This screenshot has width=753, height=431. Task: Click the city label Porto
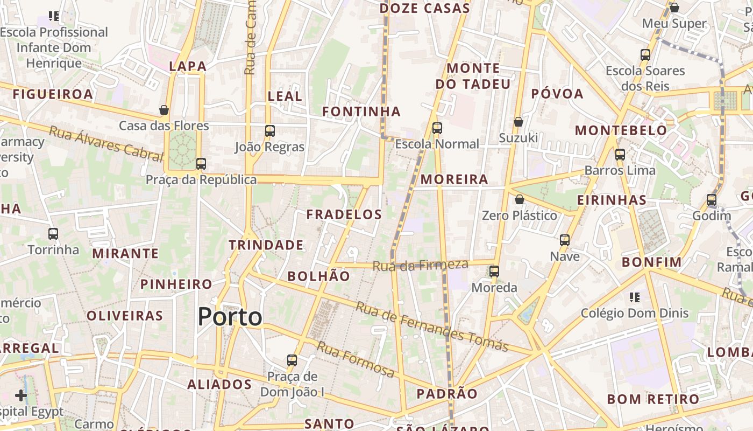(230, 317)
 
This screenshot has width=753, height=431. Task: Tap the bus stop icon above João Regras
(270, 130)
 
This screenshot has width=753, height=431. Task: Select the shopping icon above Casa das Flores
(164, 110)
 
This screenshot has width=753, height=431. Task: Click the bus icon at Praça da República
(201, 163)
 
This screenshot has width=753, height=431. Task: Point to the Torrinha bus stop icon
(53, 234)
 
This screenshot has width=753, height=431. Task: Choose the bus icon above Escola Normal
(437, 128)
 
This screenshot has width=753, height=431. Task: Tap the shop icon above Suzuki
(518, 122)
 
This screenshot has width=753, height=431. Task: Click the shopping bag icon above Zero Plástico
(520, 199)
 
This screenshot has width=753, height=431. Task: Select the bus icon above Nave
(565, 240)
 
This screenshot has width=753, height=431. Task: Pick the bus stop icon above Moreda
(494, 272)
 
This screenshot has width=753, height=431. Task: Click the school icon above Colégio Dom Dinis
(635, 297)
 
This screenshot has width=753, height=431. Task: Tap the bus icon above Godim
(712, 200)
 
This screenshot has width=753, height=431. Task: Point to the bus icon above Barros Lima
(620, 155)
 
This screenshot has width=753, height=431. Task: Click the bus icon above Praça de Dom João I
(292, 360)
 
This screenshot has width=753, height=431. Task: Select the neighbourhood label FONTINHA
(361, 112)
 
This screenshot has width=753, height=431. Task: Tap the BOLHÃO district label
(318, 276)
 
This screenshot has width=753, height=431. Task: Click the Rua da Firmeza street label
(421, 265)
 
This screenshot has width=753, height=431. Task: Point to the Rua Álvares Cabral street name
(105, 143)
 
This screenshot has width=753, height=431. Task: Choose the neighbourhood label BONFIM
(652, 262)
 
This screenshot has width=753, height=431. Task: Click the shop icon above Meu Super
(674, 8)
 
